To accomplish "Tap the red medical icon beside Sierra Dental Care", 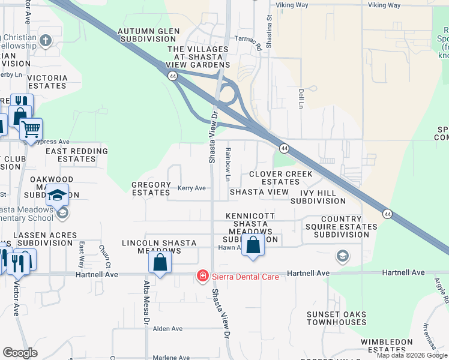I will pyautogui.click(x=203, y=276).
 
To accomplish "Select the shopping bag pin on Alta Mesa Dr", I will pyautogui.click(x=160, y=262).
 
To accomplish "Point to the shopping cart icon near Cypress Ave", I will pyautogui.click(x=31, y=128).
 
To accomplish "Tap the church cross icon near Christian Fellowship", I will pyautogui.click(x=45, y=41).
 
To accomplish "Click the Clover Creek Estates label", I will pyautogui.click(x=281, y=178).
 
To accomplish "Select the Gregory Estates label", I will pyautogui.click(x=151, y=189).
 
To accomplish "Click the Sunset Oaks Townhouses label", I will pyautogui.click(x=336, y=318).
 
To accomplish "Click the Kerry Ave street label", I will pyautogui.click(x=191, y=188).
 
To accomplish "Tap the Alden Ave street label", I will pyautogui.click(x=167, y=329).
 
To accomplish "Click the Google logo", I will pyautogui.click(x=20, y=353).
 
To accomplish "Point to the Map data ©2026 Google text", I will pyautogui.click(x=412, y=355).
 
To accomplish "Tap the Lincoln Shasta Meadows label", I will pyautogui.click(x=159, y=247).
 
